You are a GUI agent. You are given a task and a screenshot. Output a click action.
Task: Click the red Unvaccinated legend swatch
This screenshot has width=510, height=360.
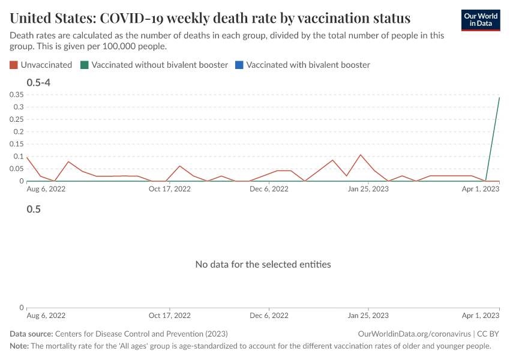pyautogui.click(x=14, y=65)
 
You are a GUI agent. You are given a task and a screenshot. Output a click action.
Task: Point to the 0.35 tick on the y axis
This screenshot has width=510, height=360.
pyautogui.click(x=16, y=95)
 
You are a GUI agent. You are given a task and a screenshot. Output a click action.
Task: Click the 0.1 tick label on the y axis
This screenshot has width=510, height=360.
pyautogui.click(x=18, y=157)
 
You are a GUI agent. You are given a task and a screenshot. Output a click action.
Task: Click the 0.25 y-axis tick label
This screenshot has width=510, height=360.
pyautogui.click(x=16, y=119)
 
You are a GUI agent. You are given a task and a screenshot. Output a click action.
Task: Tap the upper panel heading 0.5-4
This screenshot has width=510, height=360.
pyautogui.click(x=38, y=82)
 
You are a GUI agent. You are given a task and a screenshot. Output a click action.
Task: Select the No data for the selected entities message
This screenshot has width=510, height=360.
pyautogui.click(x=263, y=264)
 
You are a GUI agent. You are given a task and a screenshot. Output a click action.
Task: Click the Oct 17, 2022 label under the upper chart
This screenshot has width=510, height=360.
pyautogui.click(x=169, y=189)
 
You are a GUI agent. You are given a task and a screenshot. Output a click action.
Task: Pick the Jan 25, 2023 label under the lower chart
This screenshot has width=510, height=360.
pyautogui.click(x=368, y=315)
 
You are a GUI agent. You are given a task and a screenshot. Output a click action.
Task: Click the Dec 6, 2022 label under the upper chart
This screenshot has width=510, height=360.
pyautogui.click(x=269, y=189)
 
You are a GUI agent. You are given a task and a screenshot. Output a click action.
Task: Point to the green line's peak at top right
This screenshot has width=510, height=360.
pyautogui.click(x=500, y=97)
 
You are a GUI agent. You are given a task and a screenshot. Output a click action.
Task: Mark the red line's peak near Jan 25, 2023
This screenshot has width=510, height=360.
pyautogui.click(x=361, y=155)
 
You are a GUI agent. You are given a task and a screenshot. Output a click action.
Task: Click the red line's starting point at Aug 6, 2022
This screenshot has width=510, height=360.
pyautogui.click(x=27, y=157)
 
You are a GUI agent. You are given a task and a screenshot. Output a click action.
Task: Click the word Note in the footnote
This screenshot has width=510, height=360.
pyautogui.click(x=19, y=346)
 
